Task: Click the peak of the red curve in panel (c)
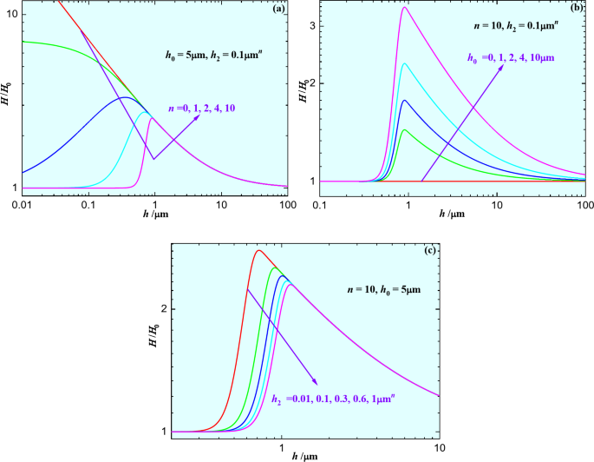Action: coord(258,251)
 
